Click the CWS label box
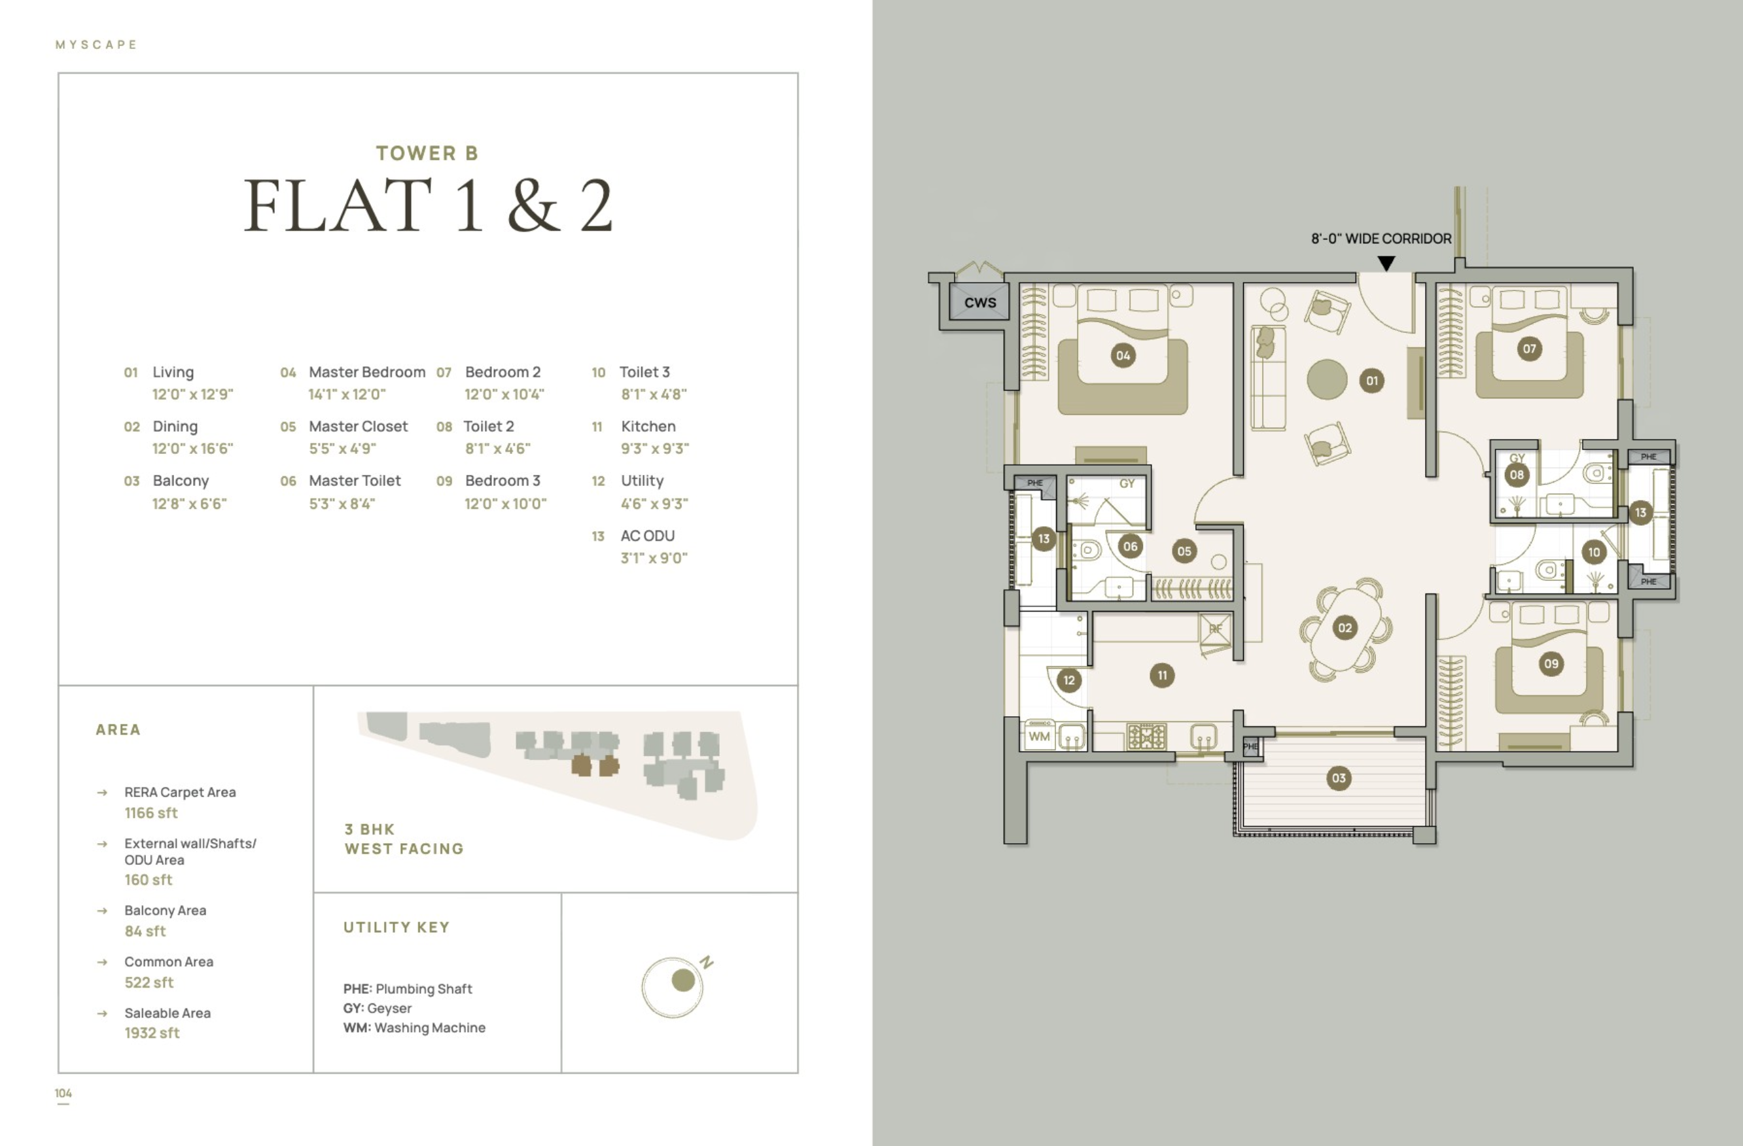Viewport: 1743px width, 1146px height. point(979,302)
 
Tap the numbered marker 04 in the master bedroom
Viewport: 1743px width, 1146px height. point(1123,356)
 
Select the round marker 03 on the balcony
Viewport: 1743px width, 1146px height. point(1339,778)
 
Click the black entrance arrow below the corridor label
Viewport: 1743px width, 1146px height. point(1386,263)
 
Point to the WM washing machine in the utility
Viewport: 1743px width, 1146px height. point(1039,736)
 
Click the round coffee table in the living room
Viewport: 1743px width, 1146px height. point(1327,379)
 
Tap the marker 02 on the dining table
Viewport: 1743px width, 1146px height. point(1345,627)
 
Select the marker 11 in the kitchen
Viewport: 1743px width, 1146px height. point(1162,675)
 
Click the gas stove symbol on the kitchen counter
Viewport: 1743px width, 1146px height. point(1146,736)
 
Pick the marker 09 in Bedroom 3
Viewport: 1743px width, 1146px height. point(1551,663)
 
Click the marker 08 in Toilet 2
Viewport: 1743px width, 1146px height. point(1517,474)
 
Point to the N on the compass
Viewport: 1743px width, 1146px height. point(706,962)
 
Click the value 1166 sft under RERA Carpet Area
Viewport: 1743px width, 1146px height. point(151,813)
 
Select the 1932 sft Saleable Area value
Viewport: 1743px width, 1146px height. point(152,1032)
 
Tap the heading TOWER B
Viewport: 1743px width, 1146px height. point(427,153)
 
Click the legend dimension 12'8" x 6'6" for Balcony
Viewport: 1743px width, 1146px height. point(190,503)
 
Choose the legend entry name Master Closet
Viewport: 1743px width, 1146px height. point(358,426)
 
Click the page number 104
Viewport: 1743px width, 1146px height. point(63,1093)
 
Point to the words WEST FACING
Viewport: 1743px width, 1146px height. point(404,848)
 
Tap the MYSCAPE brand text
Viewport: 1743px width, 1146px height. point(97,44)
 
